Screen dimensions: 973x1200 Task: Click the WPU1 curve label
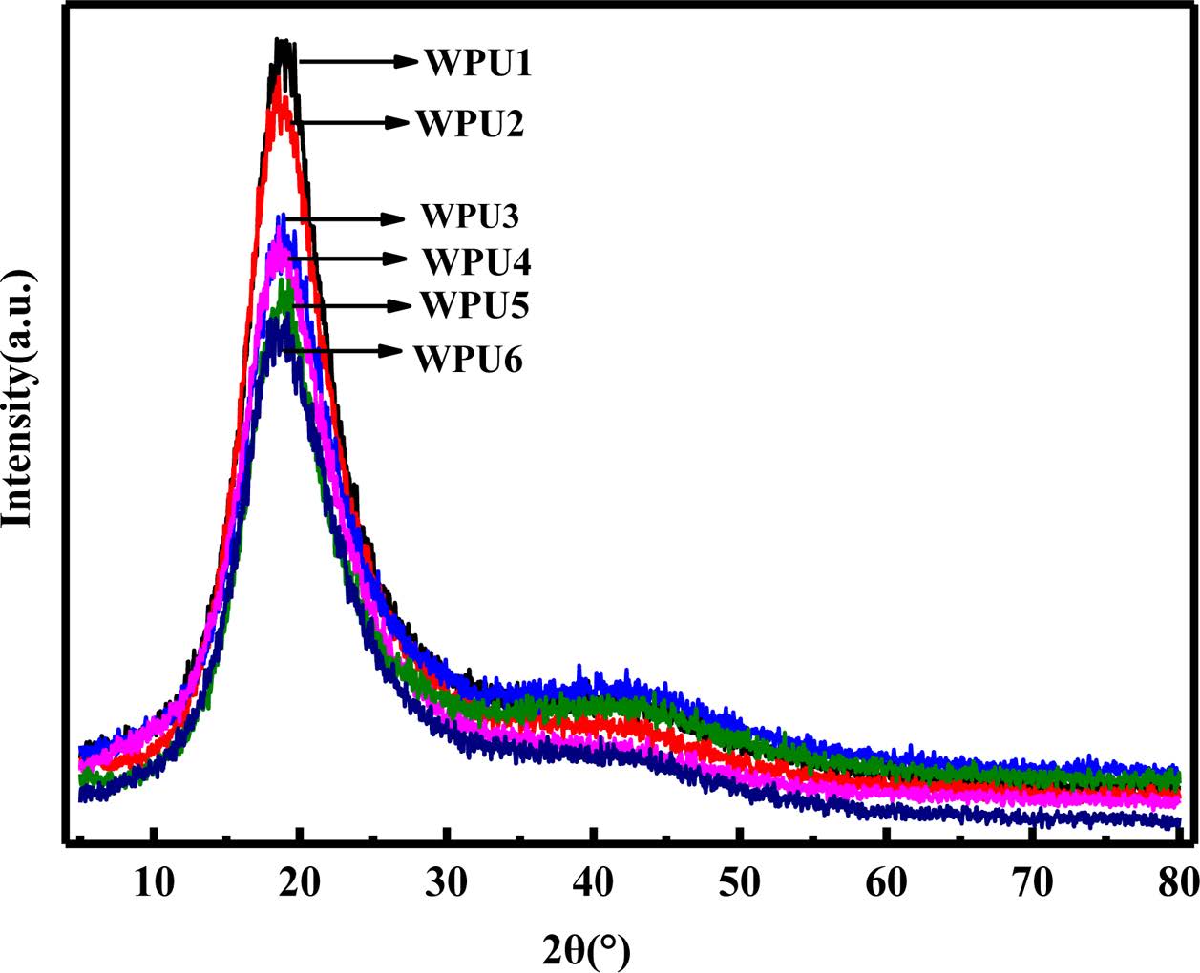click(x=477, y=63)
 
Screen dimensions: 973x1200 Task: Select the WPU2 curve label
click(x=469, y=124)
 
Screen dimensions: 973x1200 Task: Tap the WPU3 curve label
click(x=469, y=217)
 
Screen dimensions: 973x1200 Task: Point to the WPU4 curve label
click(x=476, y=260)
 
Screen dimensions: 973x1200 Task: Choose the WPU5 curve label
click(x=474, y=305)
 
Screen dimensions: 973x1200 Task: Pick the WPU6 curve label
click(x=468, y=360)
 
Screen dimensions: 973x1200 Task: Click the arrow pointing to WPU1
click(x=358, y=62)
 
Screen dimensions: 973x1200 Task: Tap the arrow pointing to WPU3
click(x=345, y=218)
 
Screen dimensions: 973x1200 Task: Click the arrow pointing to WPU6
click(x=341, y=351)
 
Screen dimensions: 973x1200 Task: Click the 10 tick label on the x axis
click(x=154, y=881)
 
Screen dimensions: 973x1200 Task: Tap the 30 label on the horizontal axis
click(x=448, y=881)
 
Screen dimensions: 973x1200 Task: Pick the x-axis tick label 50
click(x=740, y=881)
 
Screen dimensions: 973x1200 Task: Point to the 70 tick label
click(x=1034, y=881)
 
